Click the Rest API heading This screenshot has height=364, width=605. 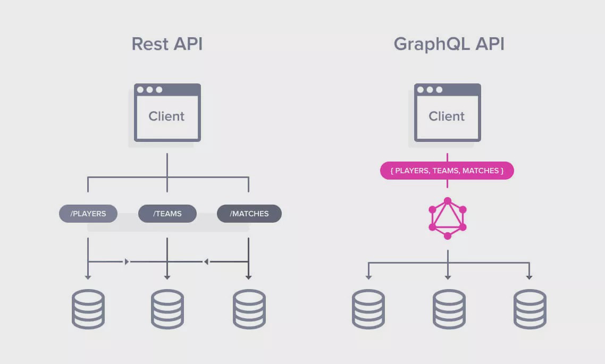167,44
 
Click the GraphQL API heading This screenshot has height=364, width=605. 449,44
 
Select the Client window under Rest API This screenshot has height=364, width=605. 167,113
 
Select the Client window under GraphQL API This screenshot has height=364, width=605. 447,113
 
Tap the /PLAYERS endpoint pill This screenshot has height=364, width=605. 88,214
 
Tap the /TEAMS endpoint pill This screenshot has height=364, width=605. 167,214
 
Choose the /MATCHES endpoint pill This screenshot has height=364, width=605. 249,214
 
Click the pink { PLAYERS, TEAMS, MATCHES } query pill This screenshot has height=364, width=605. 447,171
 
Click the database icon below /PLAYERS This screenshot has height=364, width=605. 88,309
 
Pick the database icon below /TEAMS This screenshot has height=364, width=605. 167,309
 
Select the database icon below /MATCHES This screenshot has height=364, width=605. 249,309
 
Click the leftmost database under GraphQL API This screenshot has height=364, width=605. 368,309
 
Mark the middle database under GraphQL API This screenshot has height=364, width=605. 449,309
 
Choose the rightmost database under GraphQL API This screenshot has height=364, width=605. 530,309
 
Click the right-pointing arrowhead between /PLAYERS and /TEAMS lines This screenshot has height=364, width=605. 127,261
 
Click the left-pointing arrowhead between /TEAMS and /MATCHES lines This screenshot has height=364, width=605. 206,261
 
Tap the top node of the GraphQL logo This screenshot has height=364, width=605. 448,201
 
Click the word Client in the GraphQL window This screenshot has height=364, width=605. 447,116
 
